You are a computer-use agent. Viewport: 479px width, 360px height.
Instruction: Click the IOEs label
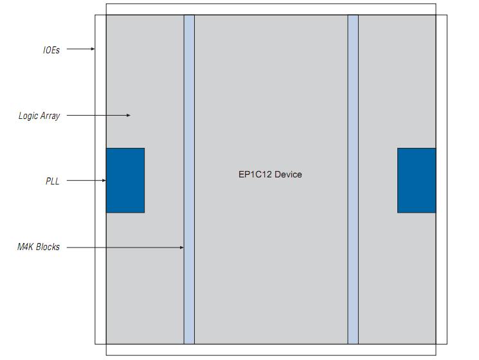[x=51, y=50]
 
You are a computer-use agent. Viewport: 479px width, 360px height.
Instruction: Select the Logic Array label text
[x=39, y=116]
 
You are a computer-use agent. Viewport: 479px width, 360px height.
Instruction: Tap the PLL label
[x=52, y=181]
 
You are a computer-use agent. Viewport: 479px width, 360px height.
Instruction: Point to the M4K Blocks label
[x=39, y=248]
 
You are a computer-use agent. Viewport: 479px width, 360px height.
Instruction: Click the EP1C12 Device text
[x=270, y=175]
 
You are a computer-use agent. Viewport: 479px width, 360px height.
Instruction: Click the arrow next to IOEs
[x=81, y=49]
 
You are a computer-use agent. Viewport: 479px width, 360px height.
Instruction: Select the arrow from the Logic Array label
[x=98, y=116]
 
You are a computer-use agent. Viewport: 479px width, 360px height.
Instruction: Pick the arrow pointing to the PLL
[x=86, y=181]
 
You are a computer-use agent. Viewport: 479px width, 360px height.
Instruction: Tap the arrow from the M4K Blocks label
[x=125, y=248]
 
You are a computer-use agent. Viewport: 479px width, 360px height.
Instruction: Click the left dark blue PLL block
[x=125, y=181]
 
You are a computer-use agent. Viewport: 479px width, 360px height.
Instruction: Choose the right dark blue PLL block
[x=417, y=181]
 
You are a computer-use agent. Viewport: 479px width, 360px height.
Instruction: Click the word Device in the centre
[x=287, y=175]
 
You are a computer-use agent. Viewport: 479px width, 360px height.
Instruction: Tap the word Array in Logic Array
[x=50, y=116]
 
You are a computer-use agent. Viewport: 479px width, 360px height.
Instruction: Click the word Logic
[x=28, y=116]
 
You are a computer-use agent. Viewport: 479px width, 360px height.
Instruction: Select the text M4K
[x=26, y=248]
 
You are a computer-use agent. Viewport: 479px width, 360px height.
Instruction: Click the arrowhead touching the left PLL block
[x=104, y=181]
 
